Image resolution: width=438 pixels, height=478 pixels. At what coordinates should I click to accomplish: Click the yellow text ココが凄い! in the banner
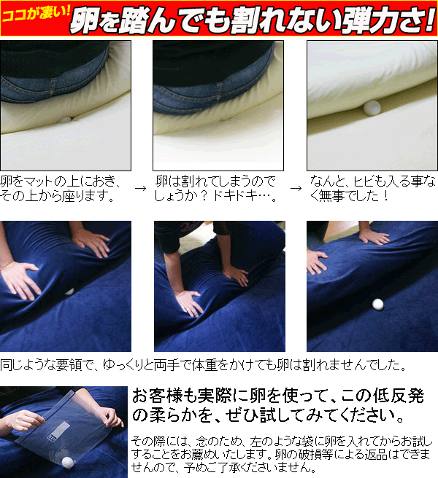pyautogui.click(x=36, y=14)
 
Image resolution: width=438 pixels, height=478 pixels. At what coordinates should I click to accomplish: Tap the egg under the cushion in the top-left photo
pyautogui.click(x=66, y=119)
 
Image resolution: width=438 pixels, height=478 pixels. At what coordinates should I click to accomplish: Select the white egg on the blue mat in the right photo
pyautogui.click(x=378, y=305)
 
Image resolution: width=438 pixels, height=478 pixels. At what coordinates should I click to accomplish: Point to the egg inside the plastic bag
pyautogui.click(x=69, y=462)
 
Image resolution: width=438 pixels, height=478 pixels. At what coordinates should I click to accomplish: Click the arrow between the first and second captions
pyautogui.click(x=140, y=189)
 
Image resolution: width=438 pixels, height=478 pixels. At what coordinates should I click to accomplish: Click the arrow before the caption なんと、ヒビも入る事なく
pyautogui.click(x=296, y=189)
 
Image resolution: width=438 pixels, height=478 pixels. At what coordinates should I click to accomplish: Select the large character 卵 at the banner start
pyautogui.click(x=85, y=21)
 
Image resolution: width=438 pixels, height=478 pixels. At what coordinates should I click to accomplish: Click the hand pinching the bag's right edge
pyautogui.click(x=110, y=416)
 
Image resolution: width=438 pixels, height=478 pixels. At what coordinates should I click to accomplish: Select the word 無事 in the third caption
pyautogui.click(x=334, y=196)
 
